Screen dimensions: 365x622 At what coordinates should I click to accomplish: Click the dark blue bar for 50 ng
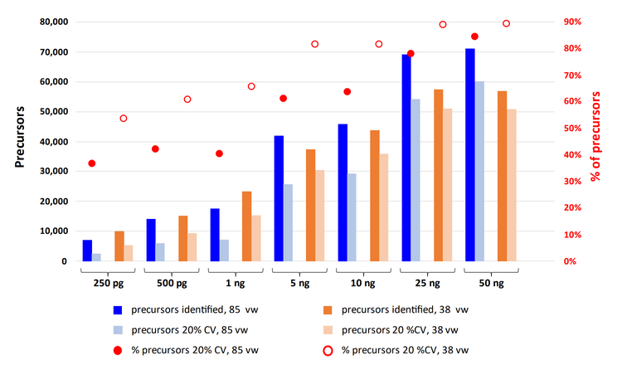pos(469,155)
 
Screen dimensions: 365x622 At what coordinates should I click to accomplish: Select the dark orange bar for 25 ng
pos(438,175)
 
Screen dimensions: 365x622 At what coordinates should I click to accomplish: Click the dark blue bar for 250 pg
pos(87,251)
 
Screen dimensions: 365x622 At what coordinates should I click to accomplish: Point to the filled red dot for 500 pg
pos(155,149)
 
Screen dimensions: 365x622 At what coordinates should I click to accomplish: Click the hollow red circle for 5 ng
pos(315,44)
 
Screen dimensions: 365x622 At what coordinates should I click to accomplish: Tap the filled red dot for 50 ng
pos(474,36)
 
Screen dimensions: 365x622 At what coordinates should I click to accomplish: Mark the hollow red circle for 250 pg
pos(124,119)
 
